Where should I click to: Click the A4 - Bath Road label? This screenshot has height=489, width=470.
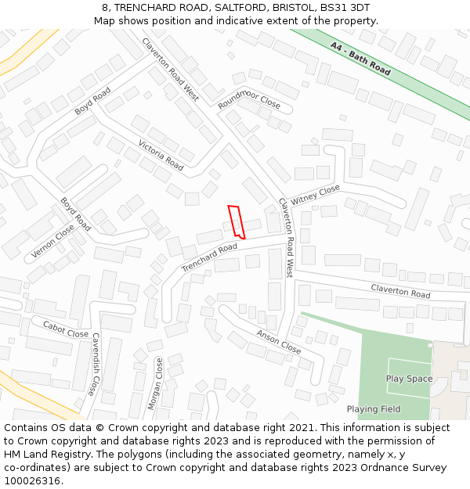(x=360, y=59)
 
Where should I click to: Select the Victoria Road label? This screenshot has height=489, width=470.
(x=161, y=155)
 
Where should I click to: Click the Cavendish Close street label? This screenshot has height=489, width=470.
(x=95, y=364)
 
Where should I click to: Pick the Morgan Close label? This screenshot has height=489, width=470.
(x=154, y=383)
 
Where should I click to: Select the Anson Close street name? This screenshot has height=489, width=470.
(x=278, y=341)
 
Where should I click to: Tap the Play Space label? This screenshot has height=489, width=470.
(x=409, y=379)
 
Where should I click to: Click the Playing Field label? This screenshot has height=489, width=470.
(x=374, y=409)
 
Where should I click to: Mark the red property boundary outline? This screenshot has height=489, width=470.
(x=237, y=221)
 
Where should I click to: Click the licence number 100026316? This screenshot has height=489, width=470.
(x=32, y=480)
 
